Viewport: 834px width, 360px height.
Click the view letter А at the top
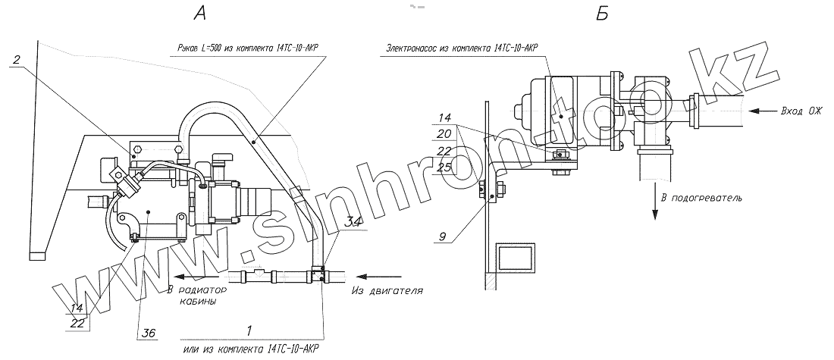point(200,14)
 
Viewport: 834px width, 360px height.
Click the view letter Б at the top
point(601,14)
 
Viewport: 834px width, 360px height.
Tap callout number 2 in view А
point(17,60)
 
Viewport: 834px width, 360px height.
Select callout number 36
point(149,333)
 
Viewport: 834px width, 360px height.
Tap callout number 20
point(445,133)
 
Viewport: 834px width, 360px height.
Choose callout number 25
point(445,168)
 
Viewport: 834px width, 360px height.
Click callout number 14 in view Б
point(445,117)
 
